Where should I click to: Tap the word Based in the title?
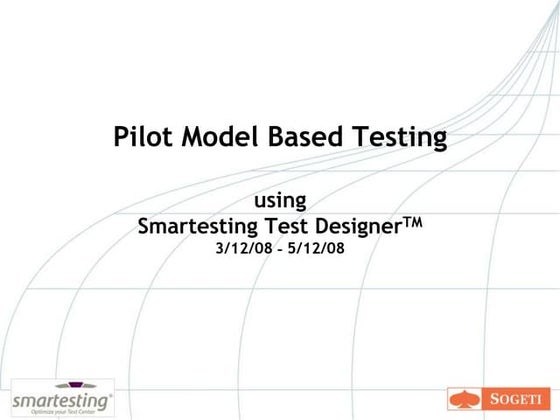(x=297, y=137)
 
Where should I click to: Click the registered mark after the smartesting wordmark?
(x=110, y=392)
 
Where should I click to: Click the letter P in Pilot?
(x=121, y=137)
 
